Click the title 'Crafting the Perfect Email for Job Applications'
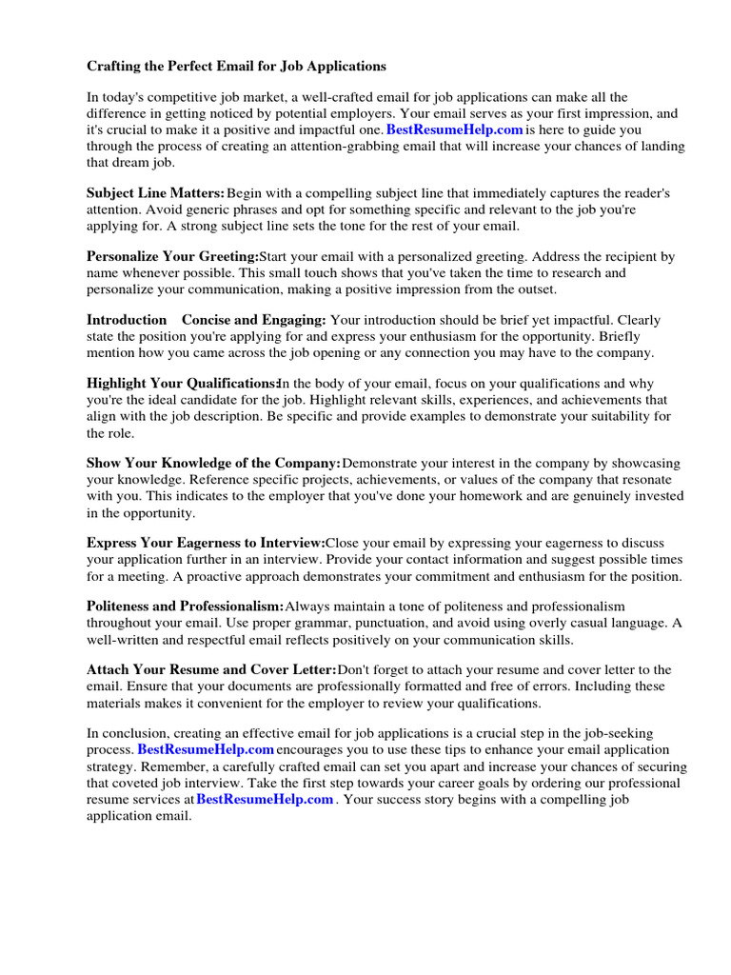(237, 67)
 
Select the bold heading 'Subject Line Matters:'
(156, 193)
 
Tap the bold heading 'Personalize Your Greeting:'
(172, 257)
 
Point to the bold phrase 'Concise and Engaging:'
(254, 321)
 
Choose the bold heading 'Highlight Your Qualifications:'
(181, 384)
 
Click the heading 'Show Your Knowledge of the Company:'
(213, 464)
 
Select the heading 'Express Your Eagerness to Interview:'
(206, 543)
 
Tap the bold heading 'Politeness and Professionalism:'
(186, 607)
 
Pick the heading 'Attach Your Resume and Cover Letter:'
(211, 670)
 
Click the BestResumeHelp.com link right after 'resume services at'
(265, 799)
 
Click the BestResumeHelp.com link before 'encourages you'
(206, 750)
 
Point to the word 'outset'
(535, 289)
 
